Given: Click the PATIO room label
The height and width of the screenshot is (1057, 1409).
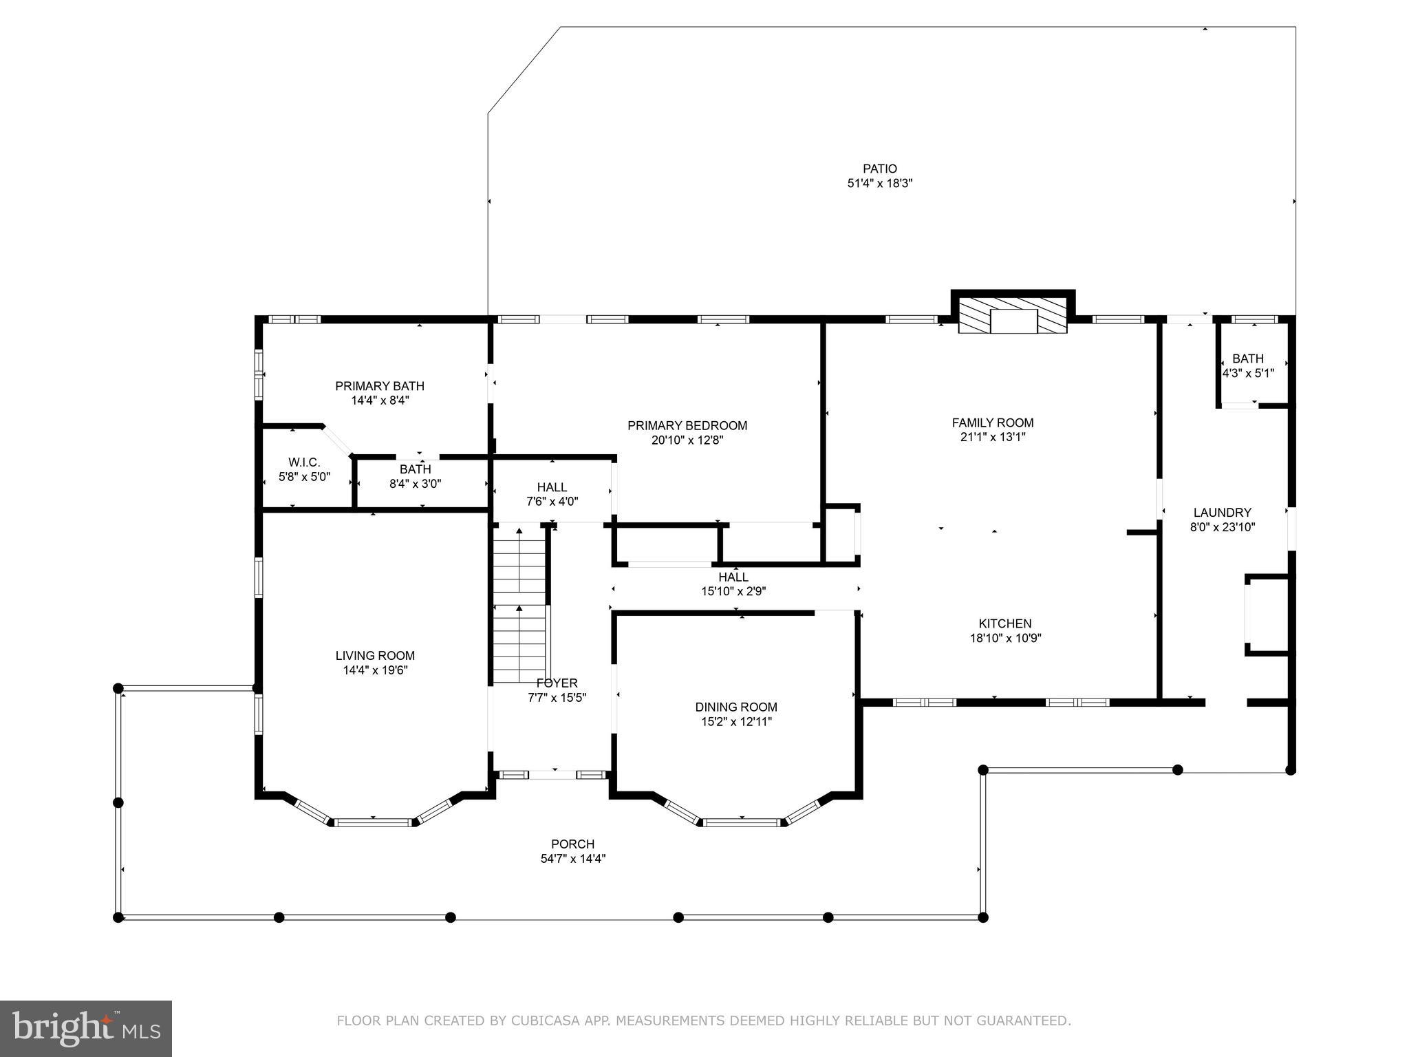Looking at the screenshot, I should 879,169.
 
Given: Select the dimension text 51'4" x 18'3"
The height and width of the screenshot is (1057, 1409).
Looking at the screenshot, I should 879,184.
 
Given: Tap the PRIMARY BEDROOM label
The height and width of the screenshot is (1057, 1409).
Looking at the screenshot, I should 687,426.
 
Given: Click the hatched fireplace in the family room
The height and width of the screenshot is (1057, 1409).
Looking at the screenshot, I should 1013,316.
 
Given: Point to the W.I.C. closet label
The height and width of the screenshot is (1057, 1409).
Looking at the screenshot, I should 304,462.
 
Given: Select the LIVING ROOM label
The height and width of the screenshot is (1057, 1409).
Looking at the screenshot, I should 375,656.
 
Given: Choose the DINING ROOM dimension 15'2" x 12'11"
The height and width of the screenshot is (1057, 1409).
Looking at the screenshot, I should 735,722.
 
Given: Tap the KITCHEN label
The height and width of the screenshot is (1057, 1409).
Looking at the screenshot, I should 1004,623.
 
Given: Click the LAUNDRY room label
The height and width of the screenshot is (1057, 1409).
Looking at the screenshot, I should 1222,513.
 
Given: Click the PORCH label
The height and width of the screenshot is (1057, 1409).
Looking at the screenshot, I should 572,844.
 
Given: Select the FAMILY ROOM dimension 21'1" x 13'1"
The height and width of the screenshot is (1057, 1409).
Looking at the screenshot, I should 992,437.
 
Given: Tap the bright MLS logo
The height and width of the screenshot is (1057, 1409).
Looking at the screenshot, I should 86,1028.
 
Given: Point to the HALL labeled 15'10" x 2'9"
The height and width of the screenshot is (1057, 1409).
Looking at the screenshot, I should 733,584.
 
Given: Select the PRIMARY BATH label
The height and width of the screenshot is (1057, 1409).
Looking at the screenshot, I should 379,386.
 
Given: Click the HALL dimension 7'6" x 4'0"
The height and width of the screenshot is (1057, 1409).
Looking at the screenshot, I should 552,502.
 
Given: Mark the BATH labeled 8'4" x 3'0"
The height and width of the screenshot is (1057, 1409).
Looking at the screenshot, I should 415,476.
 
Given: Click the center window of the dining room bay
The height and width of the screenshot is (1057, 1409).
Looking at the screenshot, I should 742,822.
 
